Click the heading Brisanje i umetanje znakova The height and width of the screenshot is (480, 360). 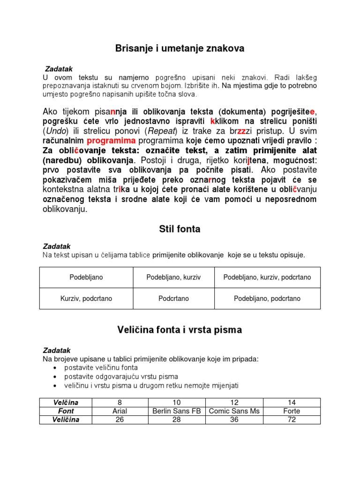coord(180,48)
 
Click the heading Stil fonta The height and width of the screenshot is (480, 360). coord(180,229)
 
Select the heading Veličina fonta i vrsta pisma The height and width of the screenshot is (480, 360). coord(180,330)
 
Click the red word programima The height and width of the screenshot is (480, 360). coord(111,141)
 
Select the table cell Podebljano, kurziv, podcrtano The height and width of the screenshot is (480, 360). coord(267,277)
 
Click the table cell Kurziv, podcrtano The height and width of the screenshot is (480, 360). coord(86,299)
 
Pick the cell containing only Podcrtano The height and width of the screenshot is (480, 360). coord(173,299)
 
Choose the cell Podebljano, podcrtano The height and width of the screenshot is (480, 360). coord(267,299)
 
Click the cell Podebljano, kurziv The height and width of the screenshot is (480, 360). coord(173,277)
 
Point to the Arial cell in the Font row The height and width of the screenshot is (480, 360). coord(120,411)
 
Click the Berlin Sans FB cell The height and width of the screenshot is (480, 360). coord(177,411)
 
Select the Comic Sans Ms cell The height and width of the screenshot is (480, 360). coord(235,411)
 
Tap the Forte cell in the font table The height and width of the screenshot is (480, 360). coord(292,411)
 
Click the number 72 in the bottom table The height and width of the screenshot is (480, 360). coord(292,420)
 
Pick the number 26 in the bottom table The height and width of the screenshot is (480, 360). coord(120,420)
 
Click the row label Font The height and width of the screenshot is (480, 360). coord(66,411)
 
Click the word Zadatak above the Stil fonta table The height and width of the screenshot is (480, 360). coord(56,246)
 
